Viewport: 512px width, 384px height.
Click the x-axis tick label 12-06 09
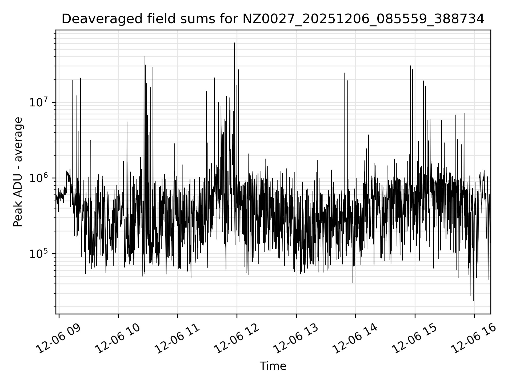coord(59,338)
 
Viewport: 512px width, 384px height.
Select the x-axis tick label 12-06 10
coord(118,338)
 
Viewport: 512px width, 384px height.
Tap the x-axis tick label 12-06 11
coord(178,338)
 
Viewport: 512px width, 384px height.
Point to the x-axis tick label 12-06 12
coord(237,338)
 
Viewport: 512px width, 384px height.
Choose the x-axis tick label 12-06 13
coord(296,338)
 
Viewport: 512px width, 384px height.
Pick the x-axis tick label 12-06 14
coord(356,338)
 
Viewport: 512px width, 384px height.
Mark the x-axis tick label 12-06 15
coord(415,338)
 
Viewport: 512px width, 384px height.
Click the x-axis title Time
coord(273,366)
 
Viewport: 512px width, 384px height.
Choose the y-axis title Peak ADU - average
coord(18,172)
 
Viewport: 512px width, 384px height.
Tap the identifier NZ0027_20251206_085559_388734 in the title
coord(363,19)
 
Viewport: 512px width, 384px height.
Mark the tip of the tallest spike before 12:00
coord(234,43)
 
